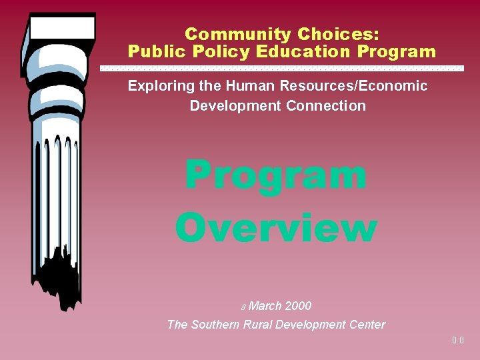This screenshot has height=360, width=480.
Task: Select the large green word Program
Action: tap(275, 176)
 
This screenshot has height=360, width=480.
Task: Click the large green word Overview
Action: tap(276, 227)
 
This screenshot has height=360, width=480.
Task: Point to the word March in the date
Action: tap(265, 306)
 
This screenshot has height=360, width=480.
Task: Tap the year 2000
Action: tap(298, 306)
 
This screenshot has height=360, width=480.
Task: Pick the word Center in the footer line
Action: tap(365, 325)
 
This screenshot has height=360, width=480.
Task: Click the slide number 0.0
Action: tap(457, 341)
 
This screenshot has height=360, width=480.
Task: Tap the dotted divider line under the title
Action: tap(281, 68)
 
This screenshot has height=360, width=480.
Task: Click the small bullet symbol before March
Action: tap(243, 307)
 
